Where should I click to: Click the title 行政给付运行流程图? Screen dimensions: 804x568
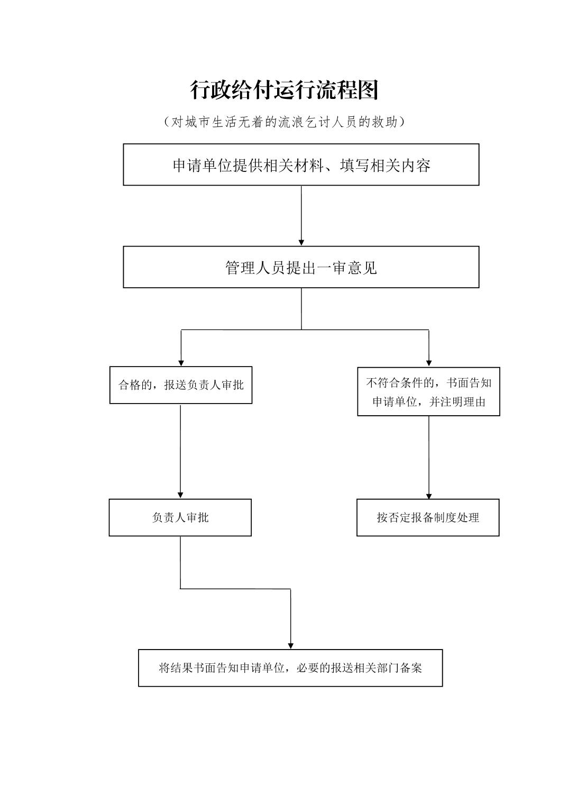click(x=285, y=90)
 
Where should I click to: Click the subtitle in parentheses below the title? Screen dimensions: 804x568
click(x=285, y=122)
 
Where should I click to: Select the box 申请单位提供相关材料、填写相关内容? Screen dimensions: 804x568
click(x=301, y=165)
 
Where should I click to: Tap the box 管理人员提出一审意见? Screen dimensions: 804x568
click(x=301, y=267)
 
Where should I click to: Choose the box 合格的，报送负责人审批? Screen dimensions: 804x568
click(x=181, y=385)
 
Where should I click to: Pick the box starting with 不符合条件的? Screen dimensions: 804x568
click(x=428, y=391)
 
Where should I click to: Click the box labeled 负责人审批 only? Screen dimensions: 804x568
click(x=180, y=517)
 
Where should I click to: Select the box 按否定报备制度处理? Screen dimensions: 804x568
click(x=428, y=517)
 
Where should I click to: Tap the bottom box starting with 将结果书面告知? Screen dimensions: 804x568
click(x=290, y=668)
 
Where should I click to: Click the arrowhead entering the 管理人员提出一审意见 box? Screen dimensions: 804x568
click(x=301, y=242)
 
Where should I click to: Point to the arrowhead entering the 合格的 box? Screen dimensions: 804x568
click(x=181, y=363)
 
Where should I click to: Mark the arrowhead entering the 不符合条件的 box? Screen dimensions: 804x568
click(x=429, y=363)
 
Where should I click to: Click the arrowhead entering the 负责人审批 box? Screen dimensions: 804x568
click(x=180, y=495)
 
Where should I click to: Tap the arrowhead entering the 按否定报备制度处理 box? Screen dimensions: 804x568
click(x=428, y=496)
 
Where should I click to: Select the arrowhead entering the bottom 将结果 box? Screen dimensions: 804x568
click(x=290, y=646)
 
